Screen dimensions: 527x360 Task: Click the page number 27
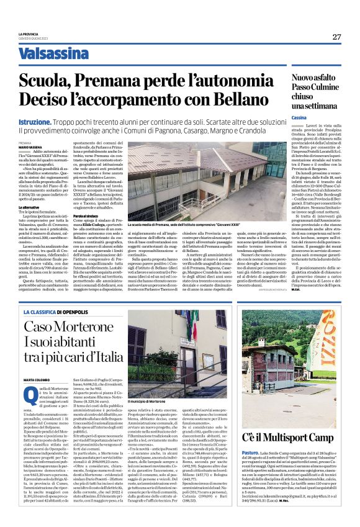(x=336, y=37)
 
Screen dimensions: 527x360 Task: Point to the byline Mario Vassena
(x=31, y=146)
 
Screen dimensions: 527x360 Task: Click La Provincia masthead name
(x=28, y=34)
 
